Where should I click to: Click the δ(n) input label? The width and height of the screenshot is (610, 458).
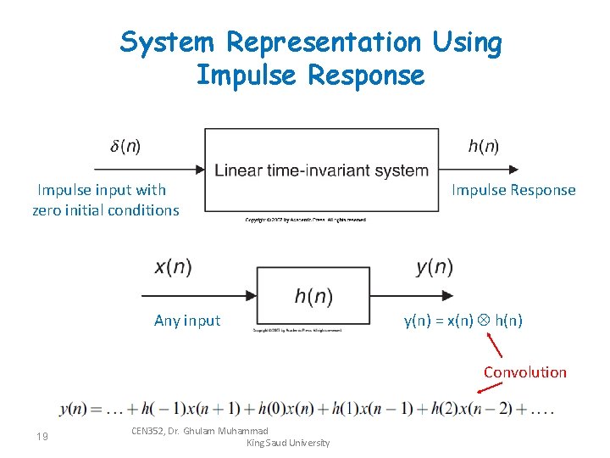tap(125, 146)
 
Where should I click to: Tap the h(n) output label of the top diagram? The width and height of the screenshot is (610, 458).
tap(485, 146)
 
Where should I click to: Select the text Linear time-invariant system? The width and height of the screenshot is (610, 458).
tap(322, 170)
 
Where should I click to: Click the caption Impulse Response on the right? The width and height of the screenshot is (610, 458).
tap(513, 190)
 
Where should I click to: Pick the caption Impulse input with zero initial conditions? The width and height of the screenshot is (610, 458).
tap(105, 200)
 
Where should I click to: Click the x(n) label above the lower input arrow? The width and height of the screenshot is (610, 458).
tap(173, 267)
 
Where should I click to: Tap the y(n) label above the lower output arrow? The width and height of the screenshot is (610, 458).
tap(435, 267)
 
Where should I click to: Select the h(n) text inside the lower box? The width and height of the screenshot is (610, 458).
tap(313, 296)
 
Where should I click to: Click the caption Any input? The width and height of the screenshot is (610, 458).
tap(187, 321)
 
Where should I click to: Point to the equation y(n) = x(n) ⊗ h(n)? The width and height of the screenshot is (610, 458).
tap(463, 321)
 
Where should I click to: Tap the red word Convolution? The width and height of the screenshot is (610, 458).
tap(525, 371)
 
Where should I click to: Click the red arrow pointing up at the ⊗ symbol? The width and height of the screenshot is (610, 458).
tap(496, 344)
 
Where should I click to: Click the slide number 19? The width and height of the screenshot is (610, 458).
tap(42, 436)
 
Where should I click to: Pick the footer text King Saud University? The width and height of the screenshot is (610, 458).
tap(287, 443)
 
